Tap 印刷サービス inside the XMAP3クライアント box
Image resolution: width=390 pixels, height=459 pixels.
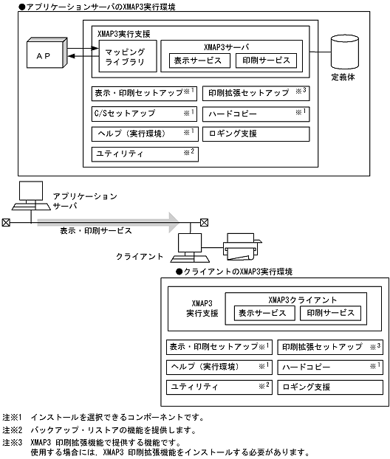(330, 313)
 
